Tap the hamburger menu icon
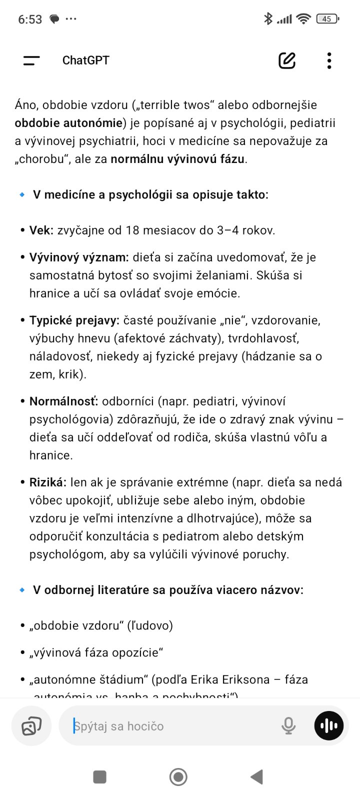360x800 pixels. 31,60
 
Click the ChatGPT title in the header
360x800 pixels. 85,60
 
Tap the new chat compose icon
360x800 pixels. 287,60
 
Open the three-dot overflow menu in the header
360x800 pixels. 329,60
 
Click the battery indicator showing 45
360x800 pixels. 327,19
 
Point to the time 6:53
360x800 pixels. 30,19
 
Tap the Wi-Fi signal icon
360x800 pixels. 303,19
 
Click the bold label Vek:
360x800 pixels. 41,230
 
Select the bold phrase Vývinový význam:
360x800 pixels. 79,257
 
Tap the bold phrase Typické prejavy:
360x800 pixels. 74,320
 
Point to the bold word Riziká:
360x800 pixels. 47,482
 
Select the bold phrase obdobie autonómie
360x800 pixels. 68,123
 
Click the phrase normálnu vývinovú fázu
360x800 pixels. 177,159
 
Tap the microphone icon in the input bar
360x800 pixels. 288,725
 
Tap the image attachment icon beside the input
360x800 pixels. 31,726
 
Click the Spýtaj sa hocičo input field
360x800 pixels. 170,726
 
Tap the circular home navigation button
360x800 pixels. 178,777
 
